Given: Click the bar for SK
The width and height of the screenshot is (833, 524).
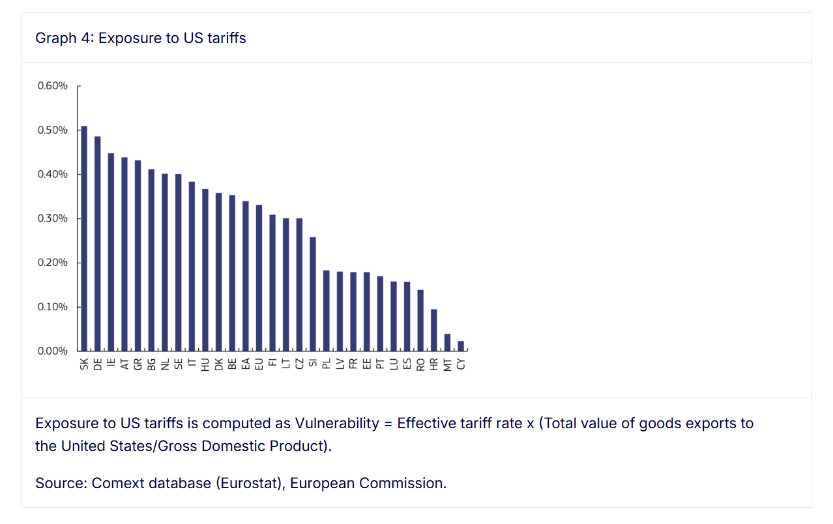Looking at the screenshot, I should tap(84, 239).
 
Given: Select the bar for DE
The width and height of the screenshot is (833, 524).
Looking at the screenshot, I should tap(98, 244).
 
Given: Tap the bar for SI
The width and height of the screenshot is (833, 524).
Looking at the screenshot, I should tap(313, 294).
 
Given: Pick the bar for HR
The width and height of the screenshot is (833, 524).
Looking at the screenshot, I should tap(434, 330).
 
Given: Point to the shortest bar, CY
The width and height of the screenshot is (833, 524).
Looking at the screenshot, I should tap(461, 346).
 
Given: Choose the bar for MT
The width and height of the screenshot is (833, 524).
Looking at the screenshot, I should tap(447, 342).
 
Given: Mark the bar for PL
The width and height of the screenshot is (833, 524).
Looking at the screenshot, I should tap(327, 310).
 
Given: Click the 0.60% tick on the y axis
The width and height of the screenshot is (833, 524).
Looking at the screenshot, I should tap(78, 86).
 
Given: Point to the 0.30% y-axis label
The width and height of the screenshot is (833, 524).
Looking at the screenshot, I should tap(51, 218).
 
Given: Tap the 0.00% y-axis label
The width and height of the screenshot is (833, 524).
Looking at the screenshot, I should tap(51, 351).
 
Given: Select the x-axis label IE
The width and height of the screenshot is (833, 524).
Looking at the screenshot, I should tap(111, 364).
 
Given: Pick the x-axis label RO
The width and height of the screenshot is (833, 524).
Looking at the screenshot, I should tap(420, 364).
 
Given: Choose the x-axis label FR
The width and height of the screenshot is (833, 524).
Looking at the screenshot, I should tap(353, 364).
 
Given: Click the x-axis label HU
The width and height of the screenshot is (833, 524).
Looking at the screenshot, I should tap(205, 364).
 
